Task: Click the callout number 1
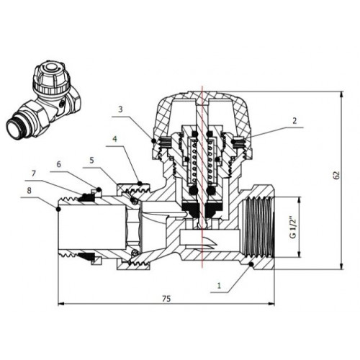click(x=219, y=286)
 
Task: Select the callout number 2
click(x=294, y=121)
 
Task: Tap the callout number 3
click(x=120, y=109)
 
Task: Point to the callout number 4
click(x=115, y=139)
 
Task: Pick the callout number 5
click(x=91, y=161)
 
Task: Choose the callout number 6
click(x=59, y=164)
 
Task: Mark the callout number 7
click(x=34, y=174)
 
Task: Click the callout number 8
click(x=29, y=191)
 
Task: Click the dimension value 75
click(x=166, y=299)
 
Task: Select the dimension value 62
click(x=337, y=175)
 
